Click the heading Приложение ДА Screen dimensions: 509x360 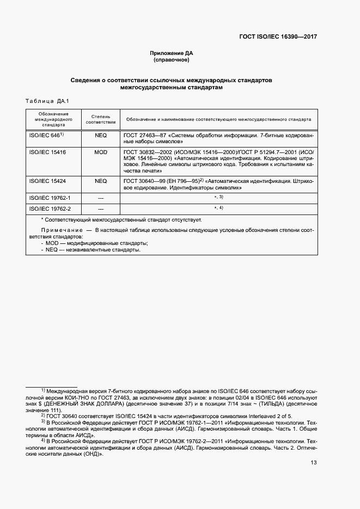point(172,53)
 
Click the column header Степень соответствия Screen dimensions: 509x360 point(101,119)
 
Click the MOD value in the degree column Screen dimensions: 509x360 point(101,152)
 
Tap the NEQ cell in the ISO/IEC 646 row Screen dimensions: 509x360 point(101,135)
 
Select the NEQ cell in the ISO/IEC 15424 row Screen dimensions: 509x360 point(101,181)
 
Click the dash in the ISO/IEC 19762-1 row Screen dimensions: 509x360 point(101,198)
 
